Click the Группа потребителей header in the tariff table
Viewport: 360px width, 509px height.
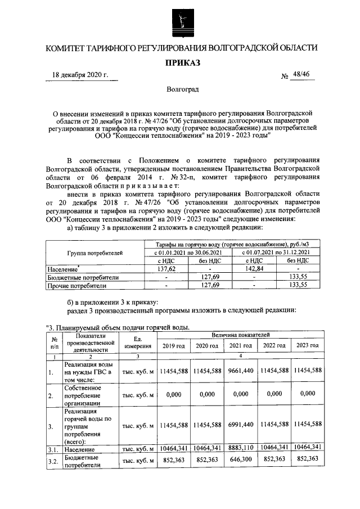point(94,254)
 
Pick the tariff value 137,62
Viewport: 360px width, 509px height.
point(166,269)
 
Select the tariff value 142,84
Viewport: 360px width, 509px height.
point(254,269)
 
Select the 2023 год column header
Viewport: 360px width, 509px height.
point(307,345)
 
